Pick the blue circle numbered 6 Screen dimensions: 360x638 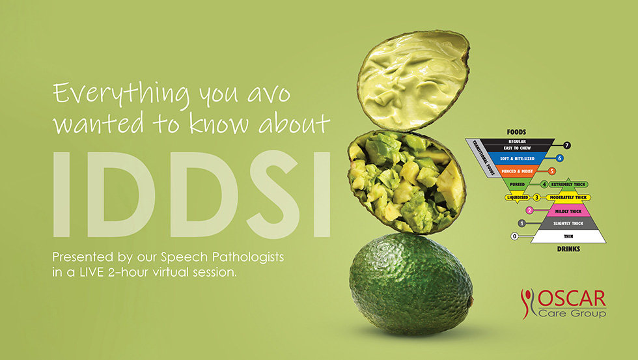pos(559,158)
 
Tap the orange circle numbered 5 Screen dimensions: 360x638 pos(551,171)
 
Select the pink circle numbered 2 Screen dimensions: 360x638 pos(529,210)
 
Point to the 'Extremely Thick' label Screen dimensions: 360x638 pos(569,184)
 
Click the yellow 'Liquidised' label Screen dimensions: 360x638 pos(518,197)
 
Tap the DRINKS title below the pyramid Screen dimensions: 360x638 pos(568,248)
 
